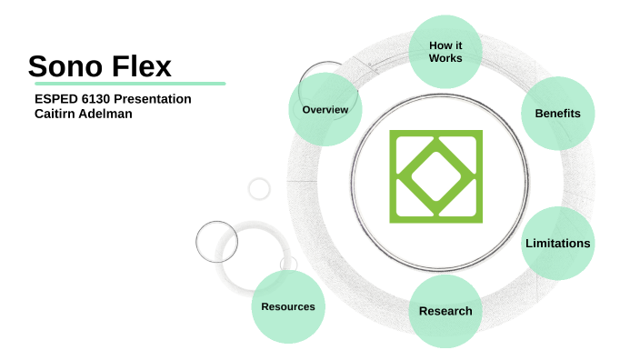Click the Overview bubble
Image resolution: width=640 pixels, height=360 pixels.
coord(325,110)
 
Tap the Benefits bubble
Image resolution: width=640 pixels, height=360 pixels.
coord(557,114)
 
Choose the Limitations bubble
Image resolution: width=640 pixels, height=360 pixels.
coord(557,243)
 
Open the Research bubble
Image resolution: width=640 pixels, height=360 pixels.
coord(445,311)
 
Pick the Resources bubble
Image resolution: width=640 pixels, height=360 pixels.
coord(288,306)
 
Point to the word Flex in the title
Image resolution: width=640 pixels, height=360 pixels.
coord(138,65)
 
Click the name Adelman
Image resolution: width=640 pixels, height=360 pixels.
coord(105,114)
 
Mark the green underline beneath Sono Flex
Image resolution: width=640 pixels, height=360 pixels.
coord(126,83)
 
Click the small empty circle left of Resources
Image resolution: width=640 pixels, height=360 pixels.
coord(216,242)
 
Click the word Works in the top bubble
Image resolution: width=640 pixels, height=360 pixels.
coord(445,58)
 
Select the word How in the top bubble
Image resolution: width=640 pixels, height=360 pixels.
coord(436,45)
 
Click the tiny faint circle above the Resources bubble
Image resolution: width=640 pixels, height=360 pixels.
coord(259,188)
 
